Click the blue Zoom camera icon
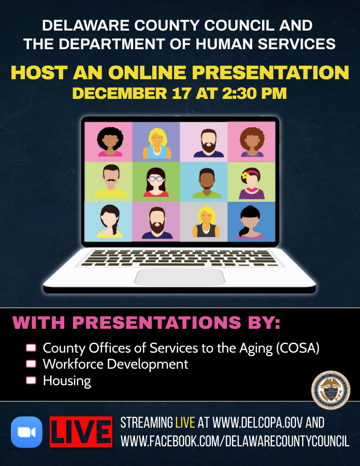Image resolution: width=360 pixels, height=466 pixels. coord(26,432)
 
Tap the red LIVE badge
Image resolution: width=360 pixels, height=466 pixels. coord(81,432)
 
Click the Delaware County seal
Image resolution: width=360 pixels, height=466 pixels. coord(330,390)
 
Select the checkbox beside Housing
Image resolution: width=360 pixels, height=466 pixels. coord(31,381)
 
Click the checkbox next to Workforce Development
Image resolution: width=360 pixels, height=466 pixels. coord(31,364)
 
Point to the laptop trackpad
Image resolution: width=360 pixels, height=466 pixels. coord(180,277)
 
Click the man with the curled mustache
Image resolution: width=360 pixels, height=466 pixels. coord(111,181)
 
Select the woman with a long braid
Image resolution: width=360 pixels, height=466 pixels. coord(110,222)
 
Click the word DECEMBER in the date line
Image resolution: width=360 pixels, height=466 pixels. coord(120,93)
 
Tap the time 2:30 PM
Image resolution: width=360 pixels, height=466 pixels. coord(254,93)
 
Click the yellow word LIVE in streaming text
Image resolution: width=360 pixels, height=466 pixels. coord(185,423)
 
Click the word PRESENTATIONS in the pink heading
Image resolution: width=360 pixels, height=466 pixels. coord(156,323)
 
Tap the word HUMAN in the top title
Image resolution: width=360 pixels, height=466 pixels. coord(225,44)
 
